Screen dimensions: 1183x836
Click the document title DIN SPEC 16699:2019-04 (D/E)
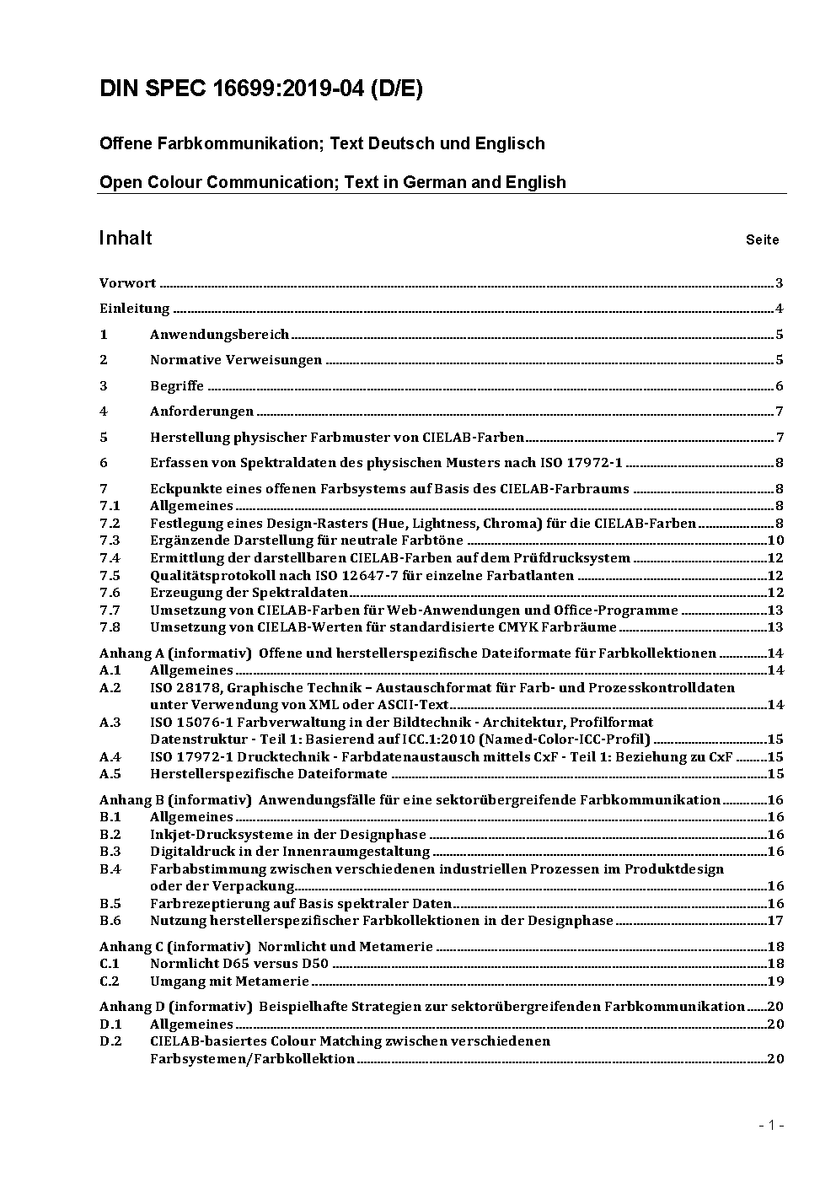(x=260, y=89)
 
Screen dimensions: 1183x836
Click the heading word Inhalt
(x=126, y=238)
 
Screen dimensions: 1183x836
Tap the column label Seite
(x=762, y=240)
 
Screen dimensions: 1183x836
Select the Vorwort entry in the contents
(x=127, y=283)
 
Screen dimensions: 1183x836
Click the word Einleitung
(x=134, y=309)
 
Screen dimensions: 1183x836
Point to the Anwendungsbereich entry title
(x=219, y=335)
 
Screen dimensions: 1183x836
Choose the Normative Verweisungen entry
(x=236, y=360)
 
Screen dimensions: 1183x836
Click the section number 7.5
(x=110, y=576)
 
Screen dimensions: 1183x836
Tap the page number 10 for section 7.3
(x=775, y=540)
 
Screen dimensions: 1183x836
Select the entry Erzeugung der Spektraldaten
(x=249, y=593)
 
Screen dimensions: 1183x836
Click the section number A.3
(x=110, y=723)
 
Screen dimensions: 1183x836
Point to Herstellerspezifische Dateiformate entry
(x=268, y=774)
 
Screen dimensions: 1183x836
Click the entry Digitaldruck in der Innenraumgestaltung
(x=289, y=852)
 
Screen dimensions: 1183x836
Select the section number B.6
(x=110, y=921)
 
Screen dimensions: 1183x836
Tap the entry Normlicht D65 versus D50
(x=238, y=964)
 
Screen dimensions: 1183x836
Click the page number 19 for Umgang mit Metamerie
(x=775, y=981)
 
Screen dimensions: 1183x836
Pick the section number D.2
(x=110, y=1041)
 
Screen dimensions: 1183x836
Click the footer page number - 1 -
(x=770, y=1125)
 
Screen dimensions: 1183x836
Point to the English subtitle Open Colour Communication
(x=332, y=182)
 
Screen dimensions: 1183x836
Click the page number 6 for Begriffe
(x=780, y=386)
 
